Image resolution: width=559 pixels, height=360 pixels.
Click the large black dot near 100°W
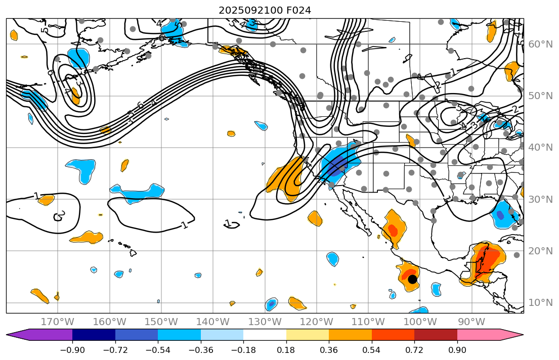pyautogui.click(x=412, y=279)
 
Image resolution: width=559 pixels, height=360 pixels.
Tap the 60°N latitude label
pyautogui.click(x=540, y=44)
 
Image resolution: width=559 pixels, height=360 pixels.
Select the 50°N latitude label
pyautogui.click(x=540, y=96)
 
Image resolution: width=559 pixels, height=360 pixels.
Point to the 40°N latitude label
pyautogui.click(x=540, y=148)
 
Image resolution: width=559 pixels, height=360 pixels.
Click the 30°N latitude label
pyautogui.click(x=540, y=199)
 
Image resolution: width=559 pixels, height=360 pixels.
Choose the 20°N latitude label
pyautogui.click(x=540, y=251)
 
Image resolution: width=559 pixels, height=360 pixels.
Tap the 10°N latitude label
pyautogui.click(x=540, y=303)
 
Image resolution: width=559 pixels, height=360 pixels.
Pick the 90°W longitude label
pyautogui.click(x=471, y=322)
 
